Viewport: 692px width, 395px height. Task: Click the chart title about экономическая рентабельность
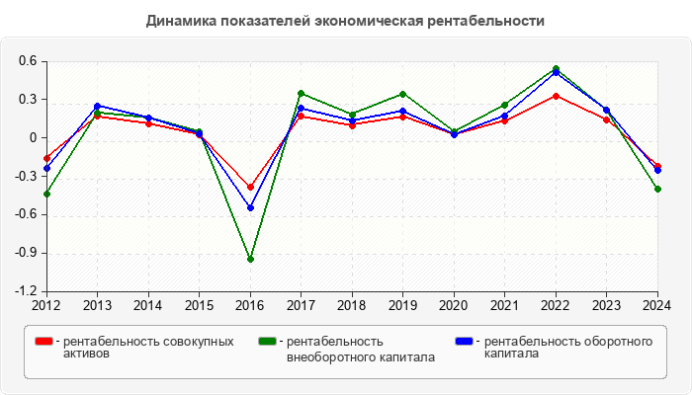click(345, 21)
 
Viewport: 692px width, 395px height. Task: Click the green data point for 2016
click(250, 259)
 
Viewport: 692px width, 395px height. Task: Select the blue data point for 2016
click(250, 207)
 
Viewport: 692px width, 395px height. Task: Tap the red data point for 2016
click(250, 187)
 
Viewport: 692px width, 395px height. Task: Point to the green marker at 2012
click(46, 194)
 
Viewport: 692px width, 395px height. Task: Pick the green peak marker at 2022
click(556, 69)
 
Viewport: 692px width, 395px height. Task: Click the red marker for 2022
click(556, 96)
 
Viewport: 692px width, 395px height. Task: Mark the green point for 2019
click(403, 94)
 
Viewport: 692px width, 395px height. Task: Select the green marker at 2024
click(657, 189)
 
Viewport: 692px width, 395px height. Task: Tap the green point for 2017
click(301, 94)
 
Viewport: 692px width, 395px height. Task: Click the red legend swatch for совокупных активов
click(43, 342)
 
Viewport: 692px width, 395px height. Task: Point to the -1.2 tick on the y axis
click(26, 291)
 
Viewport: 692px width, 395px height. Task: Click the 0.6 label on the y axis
click(28, 61)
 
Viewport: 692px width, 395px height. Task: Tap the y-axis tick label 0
click(33, 138)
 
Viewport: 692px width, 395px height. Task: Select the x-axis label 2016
click(250, 304)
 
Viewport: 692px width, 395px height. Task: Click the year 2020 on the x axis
click(454, 304)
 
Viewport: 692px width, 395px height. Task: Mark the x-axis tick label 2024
click(657, 304)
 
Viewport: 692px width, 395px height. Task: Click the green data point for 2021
click(504, 105)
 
